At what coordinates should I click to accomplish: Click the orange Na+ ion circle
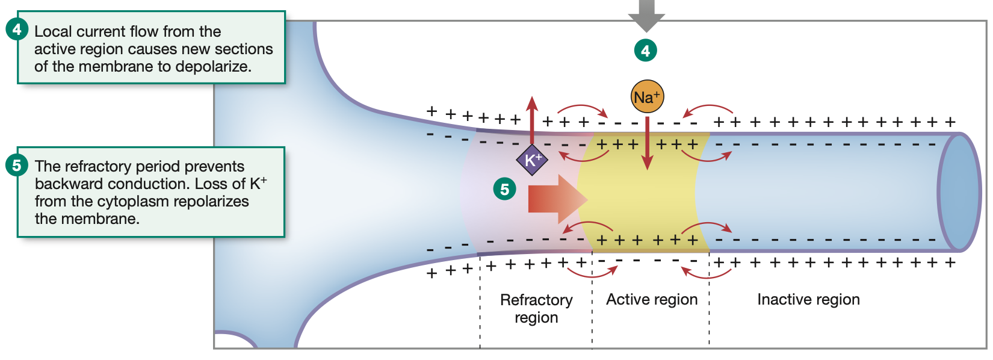(x=647, y=96)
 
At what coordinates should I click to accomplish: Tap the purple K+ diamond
(x=532, y=160)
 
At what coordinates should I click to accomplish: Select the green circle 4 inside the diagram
(x=646, y=51)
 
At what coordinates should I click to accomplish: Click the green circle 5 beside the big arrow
(x=504, y=189)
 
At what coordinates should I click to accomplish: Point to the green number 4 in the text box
(x=16, y=29)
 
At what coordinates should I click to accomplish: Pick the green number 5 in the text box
(x=16, y=165)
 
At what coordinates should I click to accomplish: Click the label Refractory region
(x=536, y=308)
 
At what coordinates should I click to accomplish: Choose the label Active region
(x=652, y=299)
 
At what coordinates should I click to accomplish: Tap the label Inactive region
(x=808, y=299)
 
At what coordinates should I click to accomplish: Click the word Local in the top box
(x=53, y=31)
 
